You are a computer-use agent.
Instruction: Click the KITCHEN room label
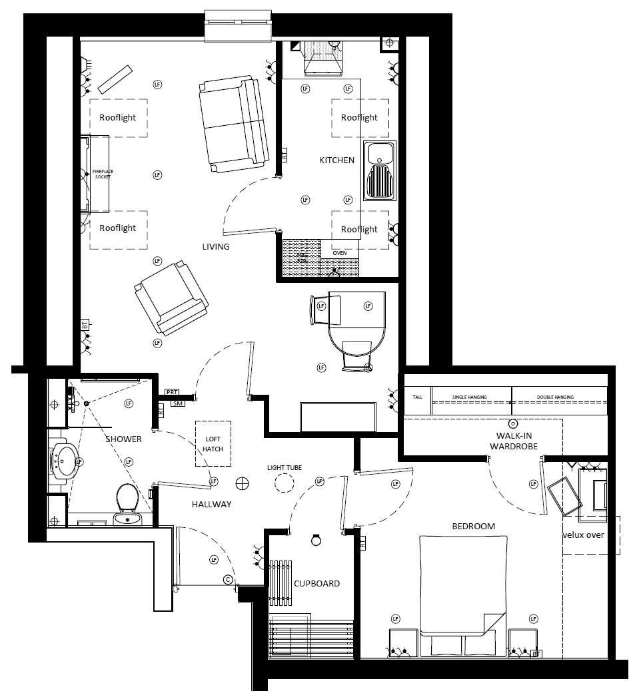(x=336, y=160)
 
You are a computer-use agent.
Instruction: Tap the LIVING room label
(x=216, y=247)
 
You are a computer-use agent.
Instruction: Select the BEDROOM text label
(x=474, y=526)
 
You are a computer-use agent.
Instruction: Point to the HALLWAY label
(x=212, y=505)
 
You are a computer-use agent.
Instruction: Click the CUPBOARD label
(x=317, y=584)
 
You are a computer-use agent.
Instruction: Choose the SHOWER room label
(x=123, y=439)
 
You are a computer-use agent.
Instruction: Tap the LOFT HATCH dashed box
(x=213, y=443)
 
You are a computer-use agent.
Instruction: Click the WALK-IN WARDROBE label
(x=513, y=441)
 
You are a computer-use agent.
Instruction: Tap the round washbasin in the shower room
(x=67, y=459)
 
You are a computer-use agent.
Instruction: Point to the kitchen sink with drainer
(x=380, y=171)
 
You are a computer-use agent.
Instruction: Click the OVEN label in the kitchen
(x=339, y=253)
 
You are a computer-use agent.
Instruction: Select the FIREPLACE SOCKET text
(x=102, y=174)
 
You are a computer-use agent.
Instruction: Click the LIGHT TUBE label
(x=285, y=468)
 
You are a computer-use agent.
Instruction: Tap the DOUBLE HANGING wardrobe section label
(x=555, y=397)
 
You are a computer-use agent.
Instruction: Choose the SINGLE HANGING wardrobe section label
(x=470, y=397)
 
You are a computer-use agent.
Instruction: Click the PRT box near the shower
(x=173, y=393)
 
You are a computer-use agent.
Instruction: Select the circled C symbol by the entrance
(x=229, y=579)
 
